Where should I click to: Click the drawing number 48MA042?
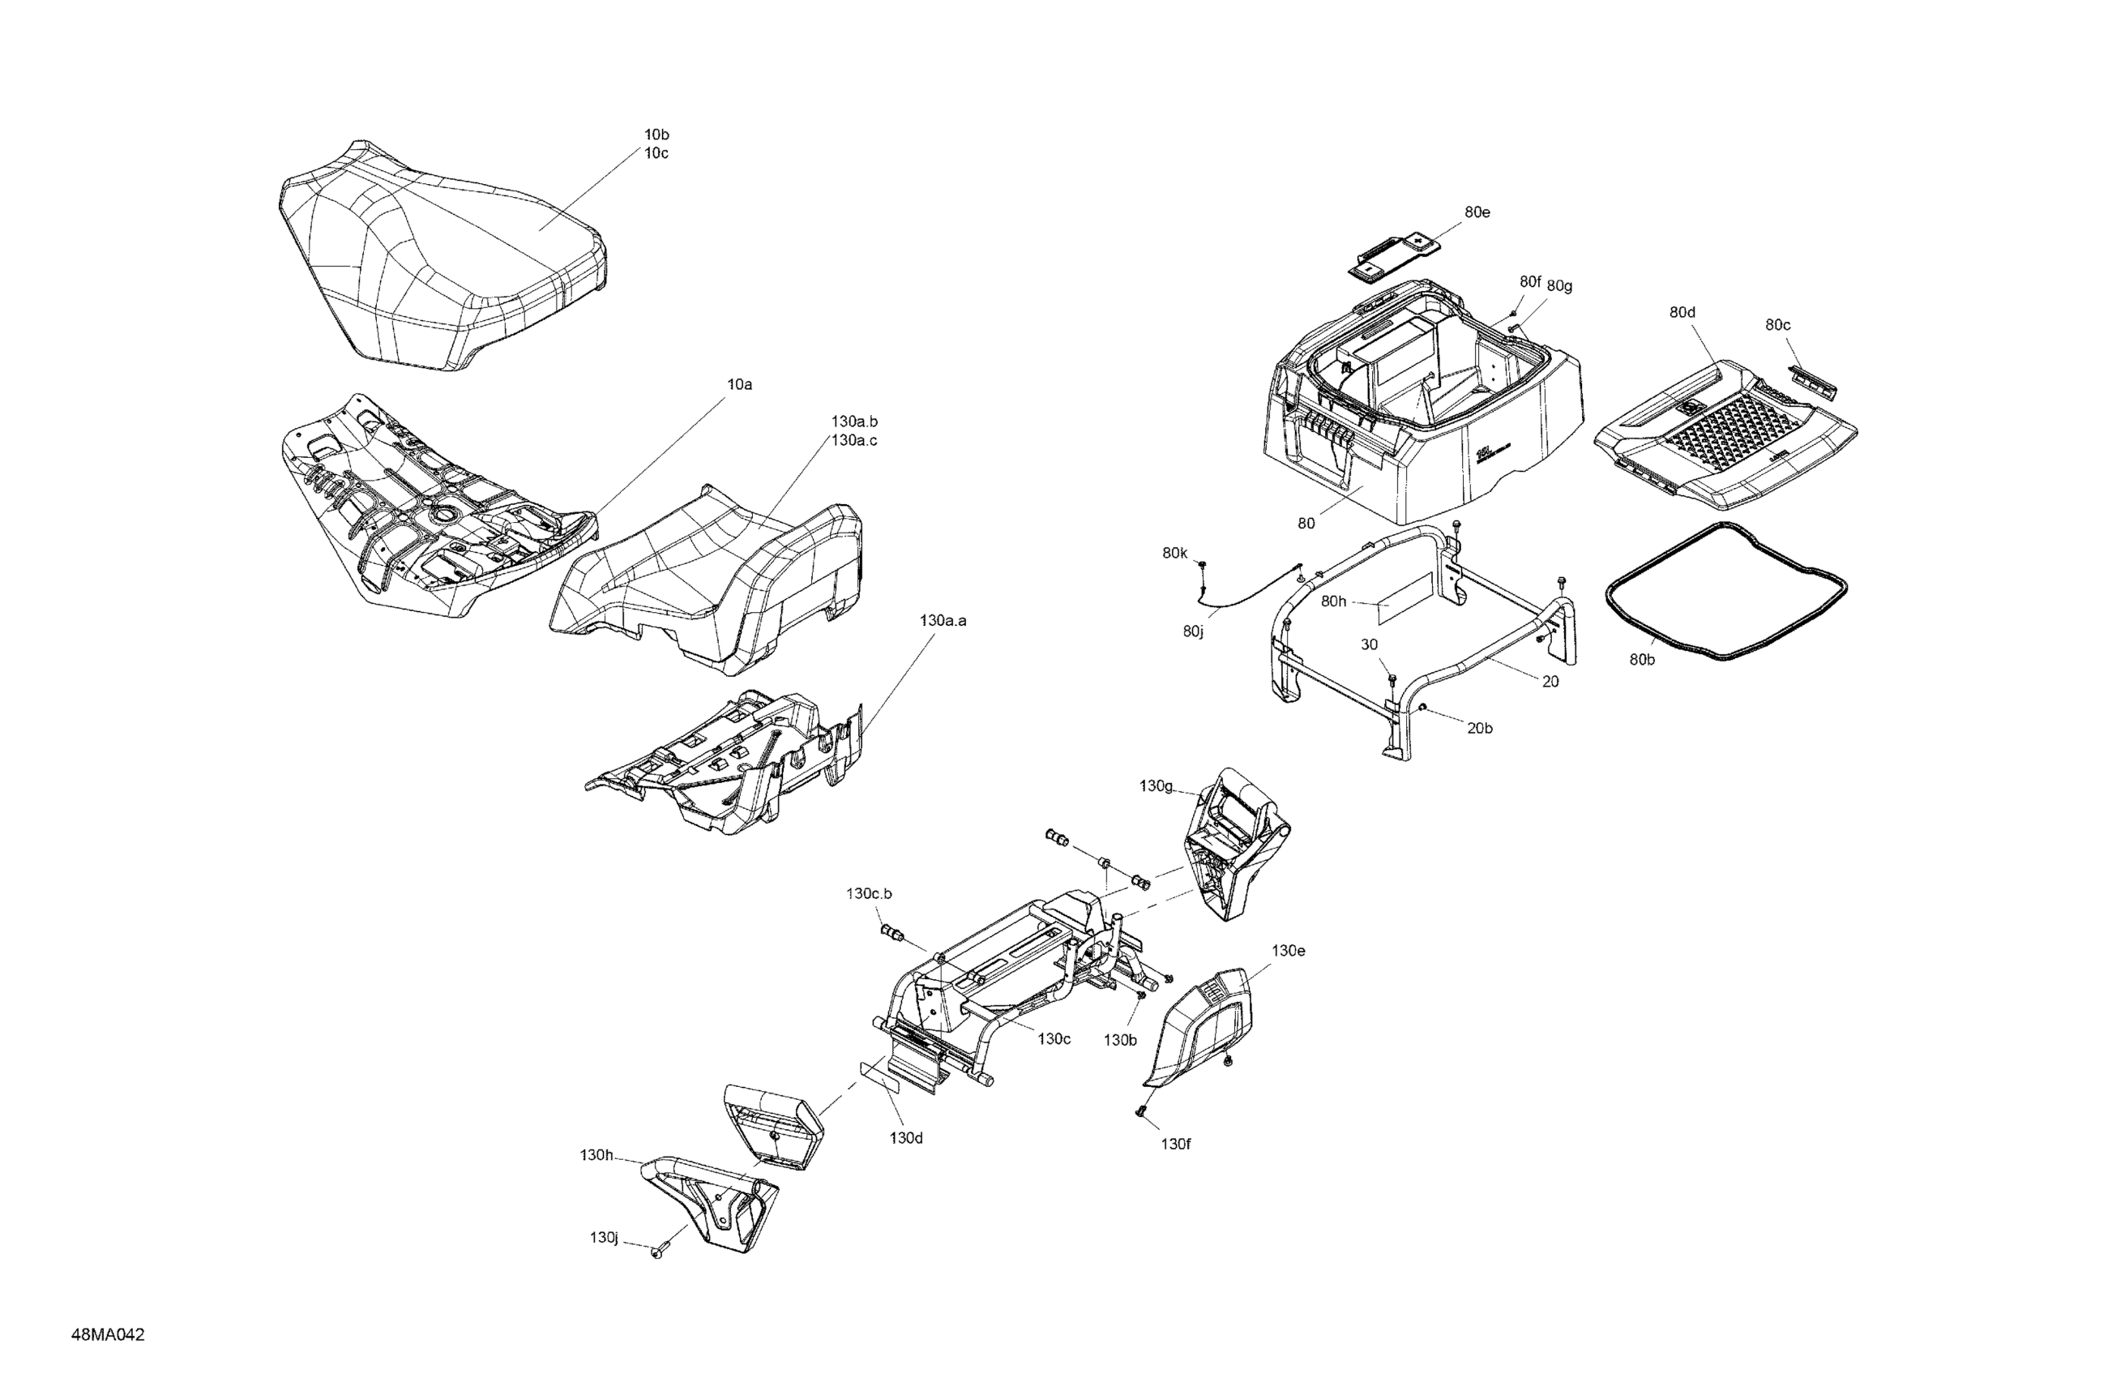coord(108,1335)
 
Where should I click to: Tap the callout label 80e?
coord(1477,212)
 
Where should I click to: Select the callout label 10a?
coord(739,385)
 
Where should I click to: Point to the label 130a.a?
coord(943,621)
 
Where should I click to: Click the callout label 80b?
coord(1642,659)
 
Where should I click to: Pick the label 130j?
coord(604,1238)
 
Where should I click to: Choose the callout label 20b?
coord(1479,728)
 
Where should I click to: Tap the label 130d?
coord(905,1138)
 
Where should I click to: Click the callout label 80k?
coord(1175,553)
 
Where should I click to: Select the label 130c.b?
coord(869,893)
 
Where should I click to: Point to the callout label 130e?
coord(1289,951)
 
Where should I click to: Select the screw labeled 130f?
coord(1141,1111)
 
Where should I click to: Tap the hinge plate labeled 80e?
coord(1396,255)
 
